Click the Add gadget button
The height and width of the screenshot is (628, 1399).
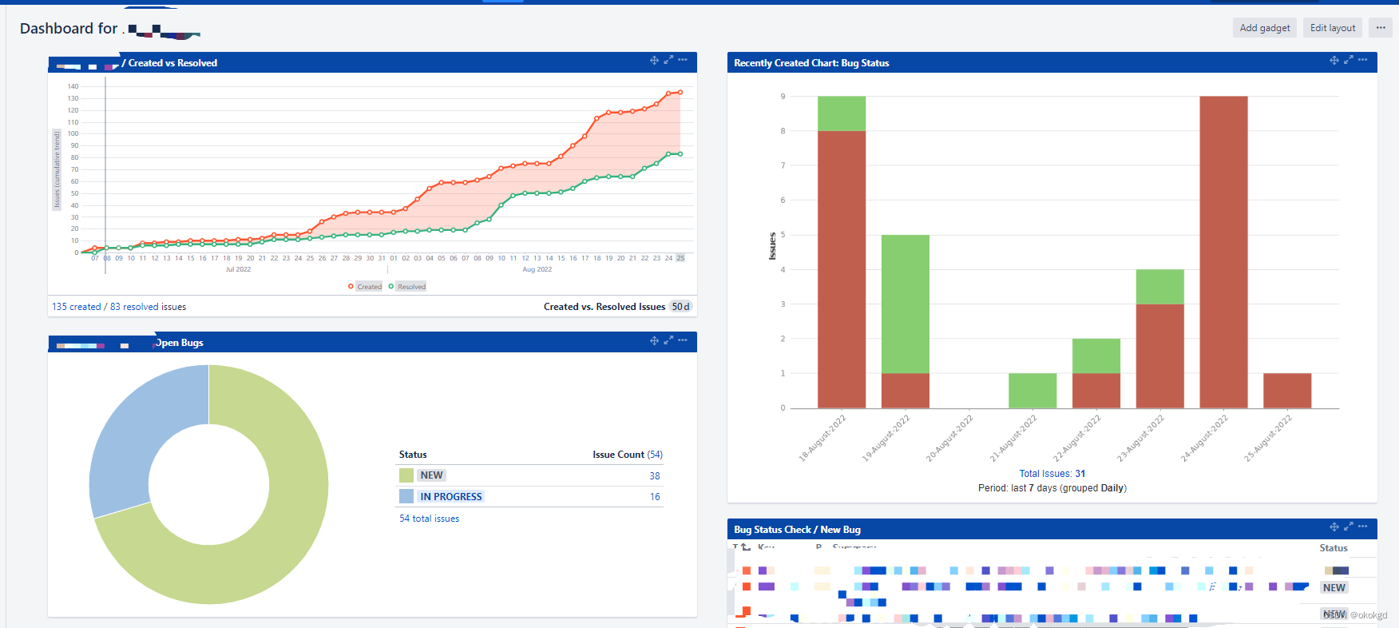pos(1264,28)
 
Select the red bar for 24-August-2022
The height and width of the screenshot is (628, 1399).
pos(1223,252)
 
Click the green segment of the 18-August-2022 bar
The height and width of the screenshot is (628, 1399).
pos(841,113)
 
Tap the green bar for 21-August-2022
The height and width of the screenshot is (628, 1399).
pos(1032,391)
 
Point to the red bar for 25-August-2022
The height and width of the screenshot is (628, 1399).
pos(1286,391)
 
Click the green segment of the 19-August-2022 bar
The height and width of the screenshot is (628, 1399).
pos(905,304)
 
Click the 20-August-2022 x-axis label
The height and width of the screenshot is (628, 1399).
pos(950,438)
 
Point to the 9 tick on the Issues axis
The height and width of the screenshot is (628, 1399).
pos(783,97)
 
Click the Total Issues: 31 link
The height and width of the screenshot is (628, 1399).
pos(1052,474)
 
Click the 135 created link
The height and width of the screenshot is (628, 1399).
pos(77,307)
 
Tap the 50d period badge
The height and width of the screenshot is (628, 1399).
pos(680,307)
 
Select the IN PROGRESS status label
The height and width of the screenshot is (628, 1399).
pos(451,497)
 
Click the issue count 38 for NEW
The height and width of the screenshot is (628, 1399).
pos(654,476)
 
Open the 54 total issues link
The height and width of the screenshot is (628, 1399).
pos(429,519)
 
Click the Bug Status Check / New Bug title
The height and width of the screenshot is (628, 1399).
pos(797,530)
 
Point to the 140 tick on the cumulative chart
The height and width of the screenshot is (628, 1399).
pos(73,86)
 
